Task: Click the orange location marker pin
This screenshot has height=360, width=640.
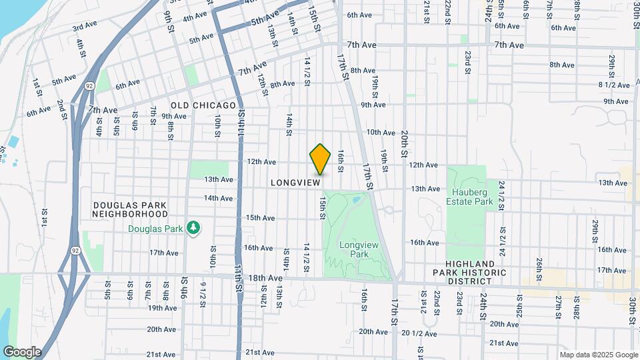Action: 321,159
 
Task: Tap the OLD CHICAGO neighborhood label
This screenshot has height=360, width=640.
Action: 203,105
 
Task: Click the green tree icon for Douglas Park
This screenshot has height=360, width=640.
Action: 193,229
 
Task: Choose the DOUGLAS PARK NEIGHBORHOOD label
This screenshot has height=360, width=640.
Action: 130,209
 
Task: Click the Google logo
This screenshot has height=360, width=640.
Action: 22,351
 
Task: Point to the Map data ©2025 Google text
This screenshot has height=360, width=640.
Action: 598,354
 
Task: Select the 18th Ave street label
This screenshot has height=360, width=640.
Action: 265,277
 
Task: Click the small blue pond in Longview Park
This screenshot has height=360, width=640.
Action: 357,199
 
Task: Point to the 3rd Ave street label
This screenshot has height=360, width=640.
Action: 85,27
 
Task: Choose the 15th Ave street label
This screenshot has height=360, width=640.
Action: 260,218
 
